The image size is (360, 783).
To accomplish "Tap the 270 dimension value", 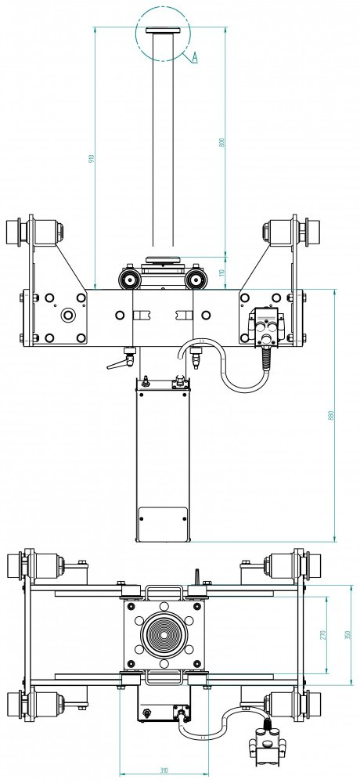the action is coord(323,635).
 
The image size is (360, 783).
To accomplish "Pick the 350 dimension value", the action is coord(348,635).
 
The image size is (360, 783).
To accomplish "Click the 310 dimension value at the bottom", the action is coord(164,770).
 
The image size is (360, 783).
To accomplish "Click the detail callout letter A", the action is coord(195,58).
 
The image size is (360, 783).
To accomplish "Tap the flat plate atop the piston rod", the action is coord(162,30).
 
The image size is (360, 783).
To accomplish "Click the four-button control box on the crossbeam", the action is coord(265,326).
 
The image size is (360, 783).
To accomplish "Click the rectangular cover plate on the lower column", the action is coord(163,524).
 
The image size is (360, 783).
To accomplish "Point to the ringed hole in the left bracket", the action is coord(67,316).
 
